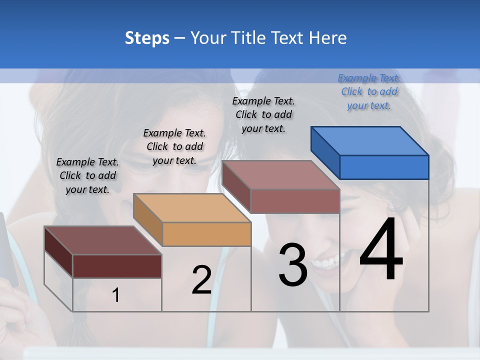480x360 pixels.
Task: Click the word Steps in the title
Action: (147, 38)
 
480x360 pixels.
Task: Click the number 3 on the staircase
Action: (293, 265)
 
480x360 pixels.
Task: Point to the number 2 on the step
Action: (201, 280)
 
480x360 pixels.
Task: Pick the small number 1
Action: (116, 295)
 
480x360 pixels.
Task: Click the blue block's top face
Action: (370, 140)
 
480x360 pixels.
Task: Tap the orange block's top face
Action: (192, 207)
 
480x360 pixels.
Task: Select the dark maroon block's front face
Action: (117, 266)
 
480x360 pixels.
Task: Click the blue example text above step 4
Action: (369, 91)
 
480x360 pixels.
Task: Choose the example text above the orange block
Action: (174, 146)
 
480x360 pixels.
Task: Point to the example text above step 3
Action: (263, 114)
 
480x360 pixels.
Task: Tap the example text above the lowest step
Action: (87, 175)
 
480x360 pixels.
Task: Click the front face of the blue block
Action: (384, 167)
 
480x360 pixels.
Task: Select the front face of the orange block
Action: (206, 233)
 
